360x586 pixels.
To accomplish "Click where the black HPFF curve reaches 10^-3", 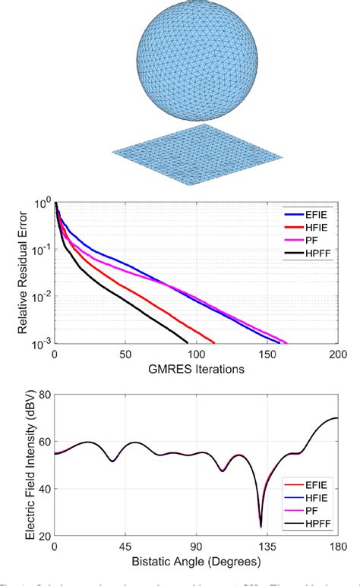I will point(187,343).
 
